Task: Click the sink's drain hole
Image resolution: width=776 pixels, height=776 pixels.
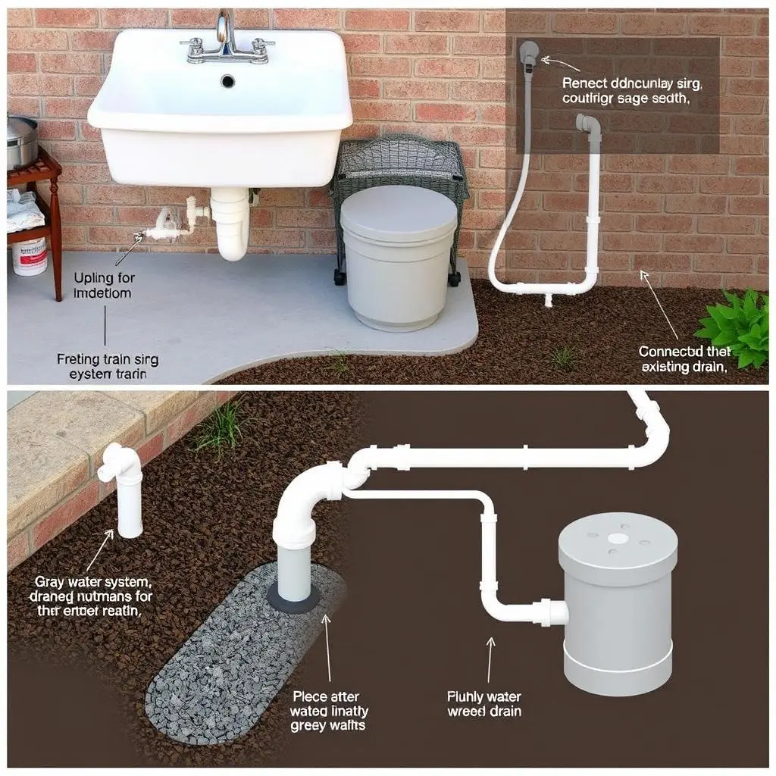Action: point(227,80)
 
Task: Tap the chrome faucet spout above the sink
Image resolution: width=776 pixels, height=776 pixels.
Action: point(225,30)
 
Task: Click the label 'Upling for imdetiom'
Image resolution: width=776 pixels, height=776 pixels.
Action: point(103,285)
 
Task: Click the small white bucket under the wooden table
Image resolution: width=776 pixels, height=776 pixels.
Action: point(29,256)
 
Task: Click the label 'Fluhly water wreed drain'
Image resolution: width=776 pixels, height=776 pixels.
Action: point(484,703)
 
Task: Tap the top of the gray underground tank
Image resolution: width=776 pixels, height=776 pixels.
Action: point(618,540)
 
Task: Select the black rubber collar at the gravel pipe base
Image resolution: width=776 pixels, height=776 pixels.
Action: point(293,599)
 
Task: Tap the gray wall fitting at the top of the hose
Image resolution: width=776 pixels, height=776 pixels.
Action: point(528,52)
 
